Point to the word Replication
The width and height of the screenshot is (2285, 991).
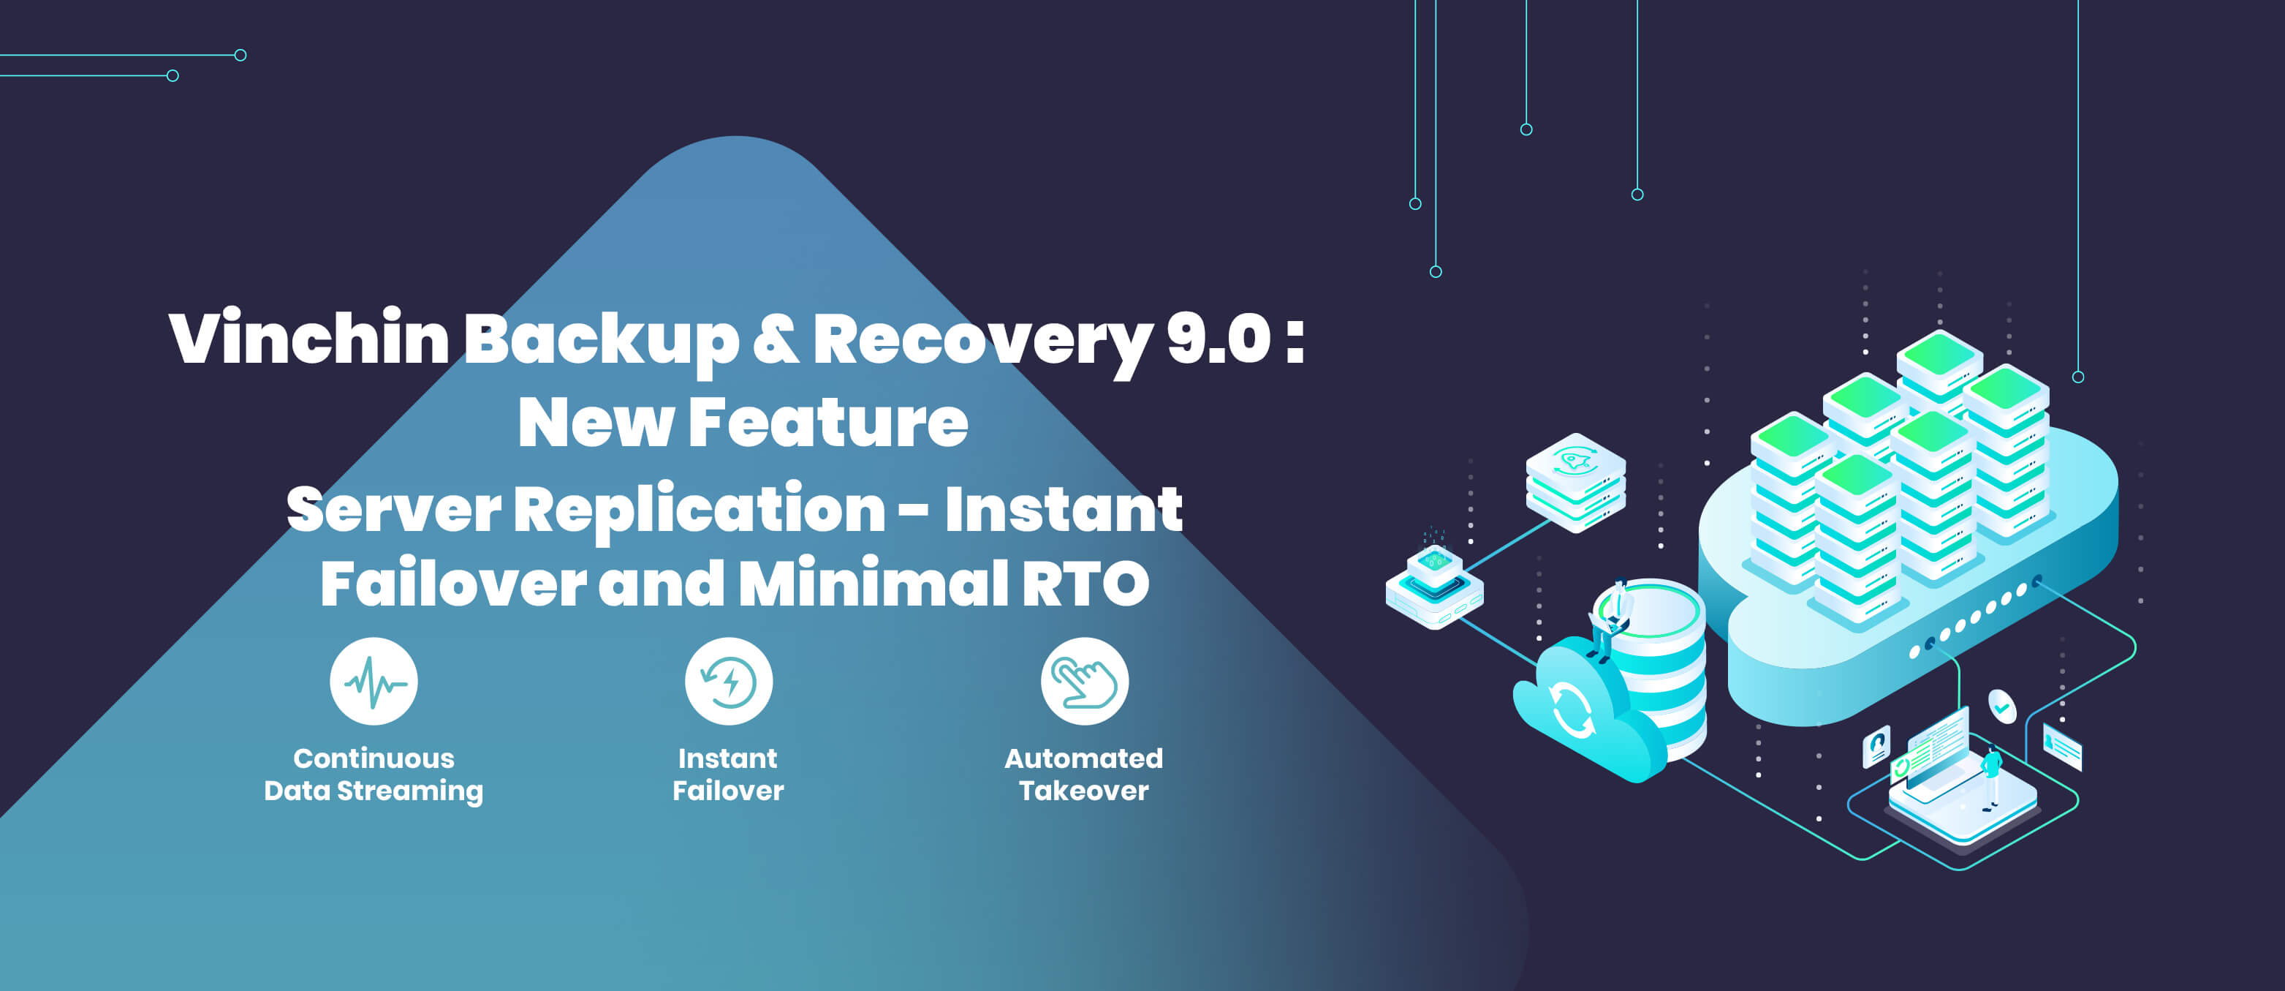699,510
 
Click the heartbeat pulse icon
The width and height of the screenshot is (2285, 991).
374,682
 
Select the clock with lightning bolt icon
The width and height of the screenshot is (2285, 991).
728,682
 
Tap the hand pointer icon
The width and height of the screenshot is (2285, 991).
1084,682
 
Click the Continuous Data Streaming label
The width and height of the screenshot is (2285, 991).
374,775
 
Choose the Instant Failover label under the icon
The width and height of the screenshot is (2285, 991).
728,775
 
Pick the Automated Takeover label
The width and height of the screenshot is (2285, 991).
1084,775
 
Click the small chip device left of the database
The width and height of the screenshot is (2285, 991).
1434,586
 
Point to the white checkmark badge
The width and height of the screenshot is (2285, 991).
2002,707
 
